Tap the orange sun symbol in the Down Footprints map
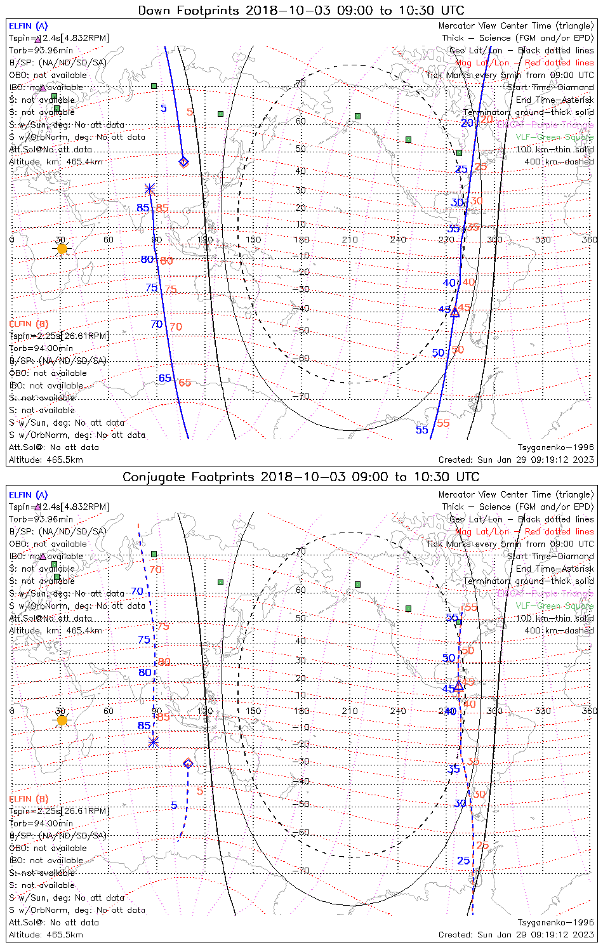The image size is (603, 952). pos(62,249)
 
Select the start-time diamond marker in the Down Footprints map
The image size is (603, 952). pos(183,162)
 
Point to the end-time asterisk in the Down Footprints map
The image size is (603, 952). pos(150,188)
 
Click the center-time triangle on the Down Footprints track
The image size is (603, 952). pos(454,312)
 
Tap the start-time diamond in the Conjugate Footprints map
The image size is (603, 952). pos(188,763)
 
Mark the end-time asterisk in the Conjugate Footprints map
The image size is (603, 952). pos(153,742)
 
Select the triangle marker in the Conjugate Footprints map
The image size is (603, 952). pos(458,685)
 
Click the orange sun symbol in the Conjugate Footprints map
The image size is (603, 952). pos(62,720)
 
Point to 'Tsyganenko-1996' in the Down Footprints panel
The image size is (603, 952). pos(555,447)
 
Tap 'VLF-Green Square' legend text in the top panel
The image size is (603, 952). pos(554,137)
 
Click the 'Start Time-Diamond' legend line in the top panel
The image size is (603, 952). pos(550,88)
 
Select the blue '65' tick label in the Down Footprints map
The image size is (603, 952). pos(165,378)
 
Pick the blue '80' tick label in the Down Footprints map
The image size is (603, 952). pos(147,259)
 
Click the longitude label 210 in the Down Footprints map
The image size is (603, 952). pos(350,239)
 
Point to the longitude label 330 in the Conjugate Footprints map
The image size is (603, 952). pos(543,711)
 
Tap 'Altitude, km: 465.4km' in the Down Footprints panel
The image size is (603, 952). pos(56,162)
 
